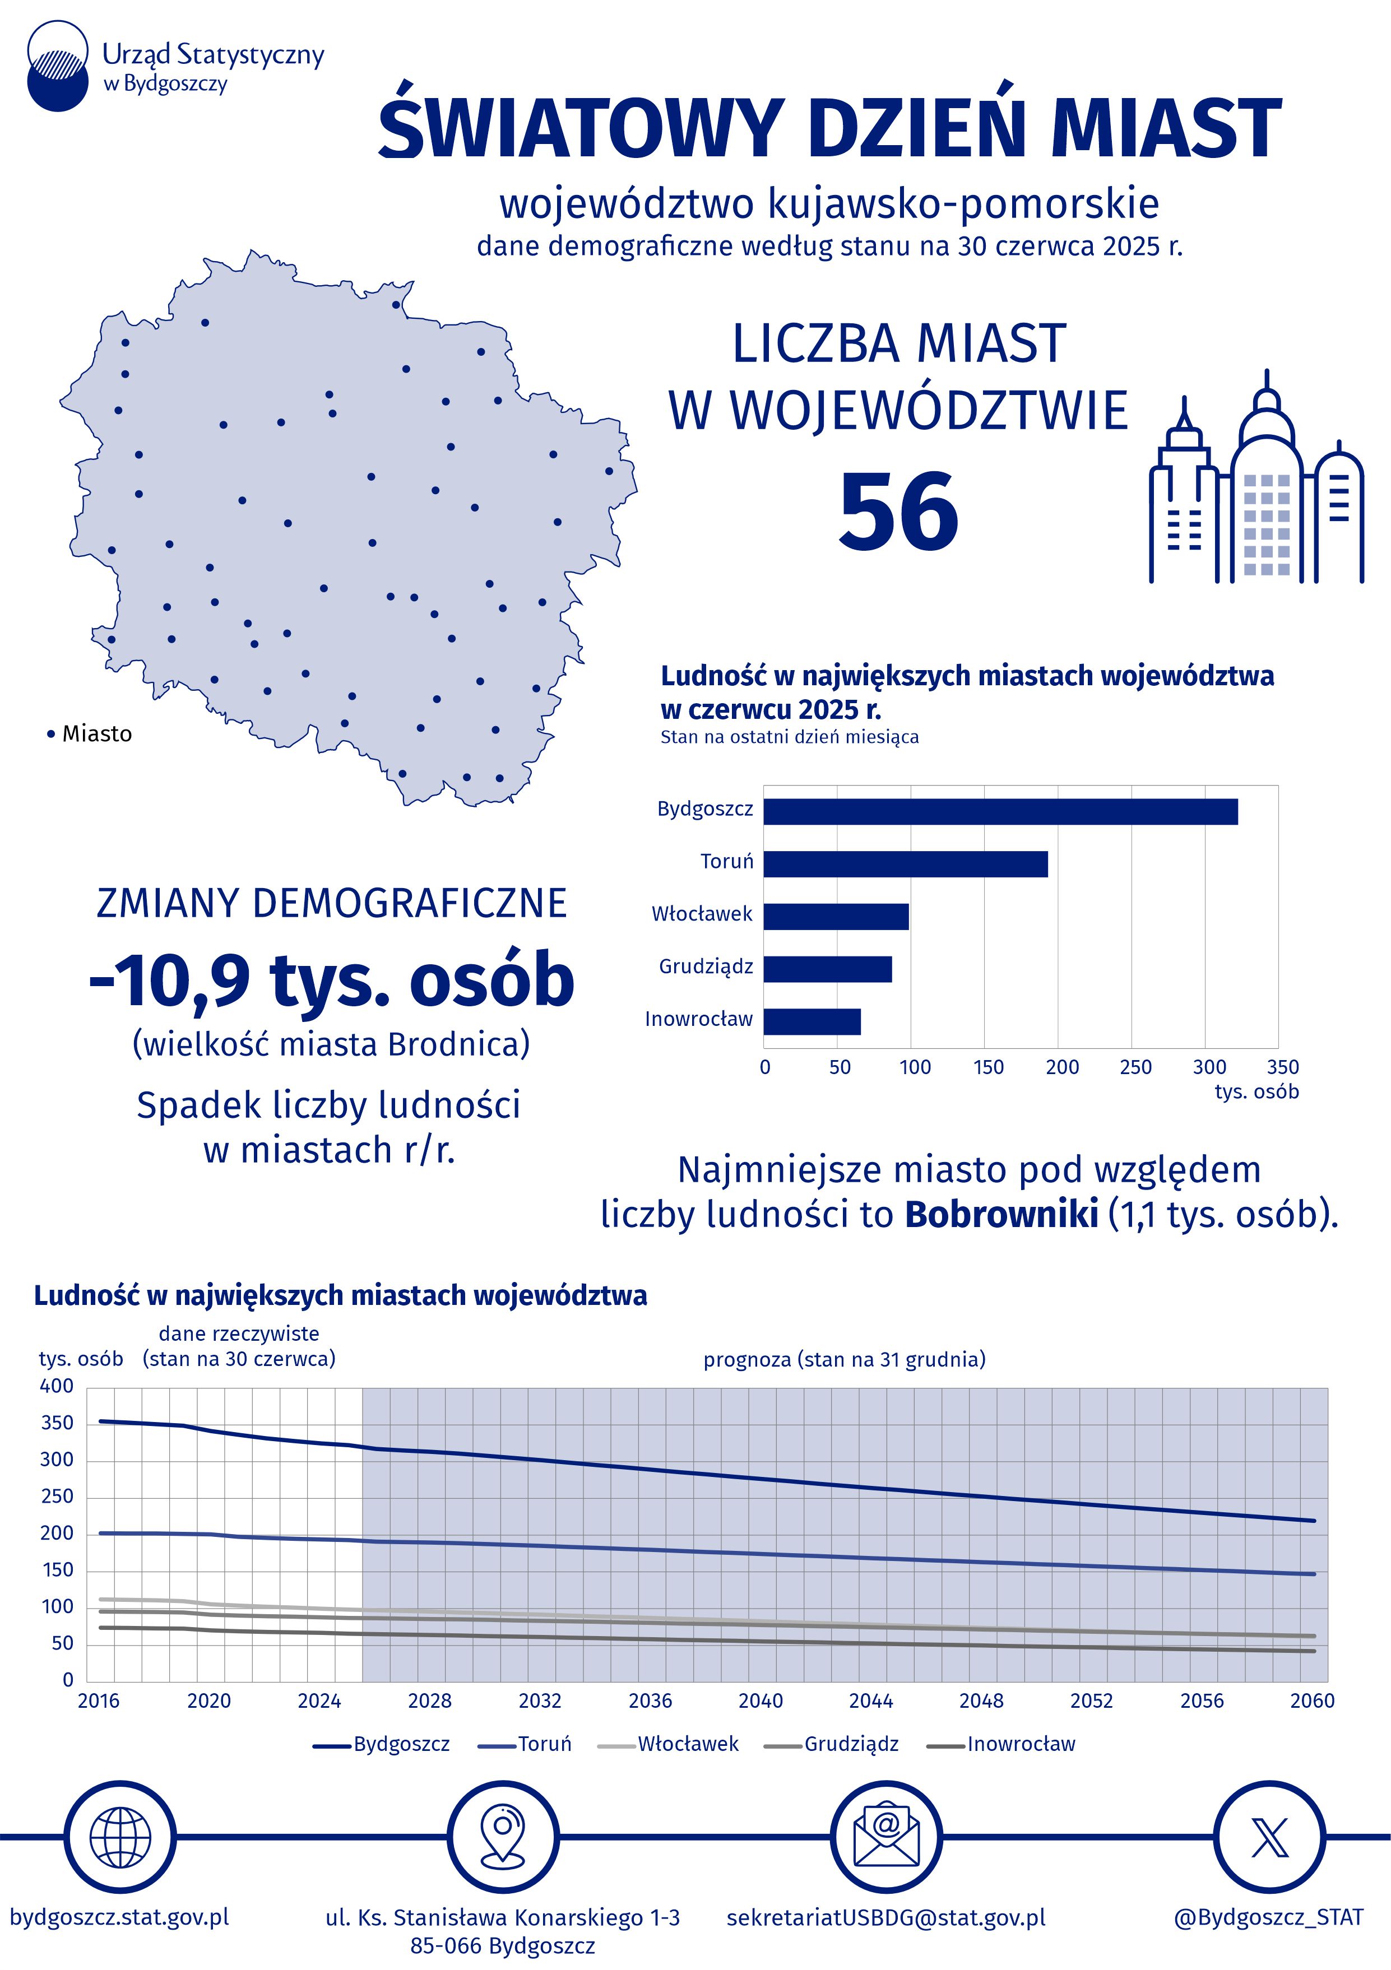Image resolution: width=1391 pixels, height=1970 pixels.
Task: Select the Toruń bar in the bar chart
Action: pyautogui.click(x=905, y=863)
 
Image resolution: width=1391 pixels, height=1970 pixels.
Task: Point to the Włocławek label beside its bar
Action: pyautogui.click(x=701, y=914)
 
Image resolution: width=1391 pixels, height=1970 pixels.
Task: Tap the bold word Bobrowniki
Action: pyautogui.click(x=1000, y=1214)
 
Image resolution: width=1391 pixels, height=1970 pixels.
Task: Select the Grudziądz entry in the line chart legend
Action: pyautogui.click(x=850, y=1744)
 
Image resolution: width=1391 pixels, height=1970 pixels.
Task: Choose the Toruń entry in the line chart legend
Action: pyautogui.click(x=544, y=1744)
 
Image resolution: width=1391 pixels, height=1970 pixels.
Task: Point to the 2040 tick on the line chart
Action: pyautogui.click(x=761, y=1700)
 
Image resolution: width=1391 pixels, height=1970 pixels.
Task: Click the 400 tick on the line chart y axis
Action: pyautogui.click(x=57, y=1386)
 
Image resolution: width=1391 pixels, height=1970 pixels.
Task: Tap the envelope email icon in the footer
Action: pyautogui.click(x=885, y=1837)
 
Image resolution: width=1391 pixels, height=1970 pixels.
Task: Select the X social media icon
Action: pyautogui.click(x=1268, y=1837)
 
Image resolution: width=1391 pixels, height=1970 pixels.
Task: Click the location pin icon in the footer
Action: pyautogui.click(x=503, y=1837)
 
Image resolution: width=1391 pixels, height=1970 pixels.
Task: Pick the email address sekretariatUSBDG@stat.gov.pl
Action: pyautogui.click(x=885, y=1917)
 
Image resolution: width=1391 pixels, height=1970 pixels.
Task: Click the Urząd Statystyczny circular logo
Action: pyautogui.click(x=58, y=67)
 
